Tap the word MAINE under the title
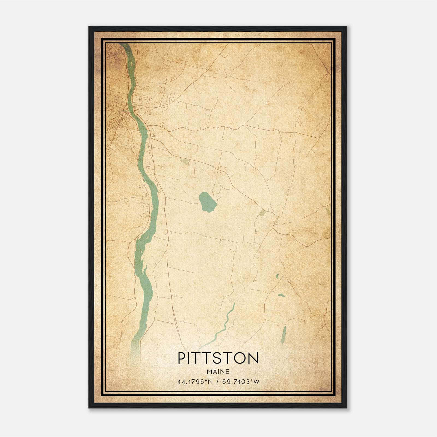tap(218, 372)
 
